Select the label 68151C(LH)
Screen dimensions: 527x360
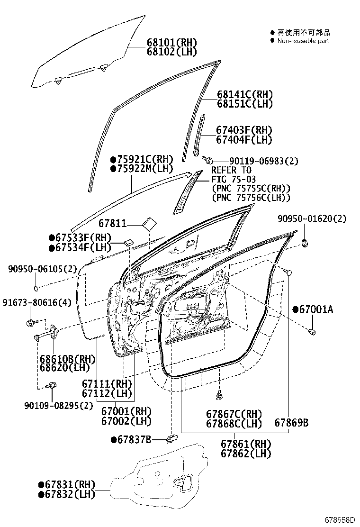click(x=245, y=104)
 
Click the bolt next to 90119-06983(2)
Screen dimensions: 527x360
click(x=207, y=160)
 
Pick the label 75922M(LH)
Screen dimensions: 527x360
click(x=142, y=168)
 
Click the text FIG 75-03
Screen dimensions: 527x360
click(x=234, y=179)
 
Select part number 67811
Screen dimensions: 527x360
click(x=113, y=222)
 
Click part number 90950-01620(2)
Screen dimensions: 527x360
click(x=312, y=218)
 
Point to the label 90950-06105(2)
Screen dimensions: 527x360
click(x=42, y=269)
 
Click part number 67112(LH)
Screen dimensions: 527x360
click(x=106, y=393)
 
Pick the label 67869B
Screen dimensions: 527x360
click(x=291, y=422)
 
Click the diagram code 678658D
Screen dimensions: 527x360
click(x=339, y=520)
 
